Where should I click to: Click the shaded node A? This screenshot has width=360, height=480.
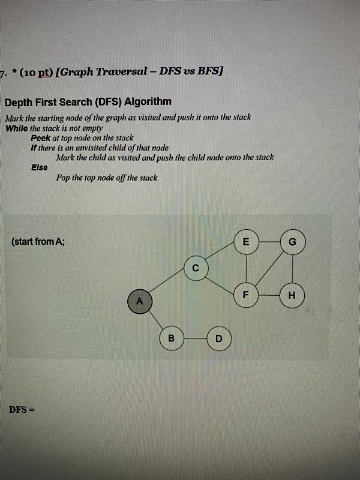click(x=140, y=301)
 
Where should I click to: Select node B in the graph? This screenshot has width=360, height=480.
click(x=171, y=338)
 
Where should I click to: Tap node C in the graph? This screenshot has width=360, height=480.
click(x=196, y=267)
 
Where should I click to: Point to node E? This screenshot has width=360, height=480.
click(x=245, y=242)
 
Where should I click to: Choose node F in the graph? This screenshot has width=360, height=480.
click(x=245, y=295)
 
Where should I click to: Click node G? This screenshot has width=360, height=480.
click(x=292, y=242)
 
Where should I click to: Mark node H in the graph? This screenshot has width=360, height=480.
click(x=292, y=295)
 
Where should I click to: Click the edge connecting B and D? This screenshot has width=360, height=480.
click(x=194, y=338)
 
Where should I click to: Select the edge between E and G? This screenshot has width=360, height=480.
click(x=268, y=242)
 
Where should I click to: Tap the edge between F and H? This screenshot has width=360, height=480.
click(x=268, y=295)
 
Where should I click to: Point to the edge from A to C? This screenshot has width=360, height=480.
click(x=169, y=283)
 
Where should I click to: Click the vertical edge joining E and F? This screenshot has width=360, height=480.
click(x=245, y=268)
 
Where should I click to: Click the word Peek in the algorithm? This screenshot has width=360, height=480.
click(x=41, y=137)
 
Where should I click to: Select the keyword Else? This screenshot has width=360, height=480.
click(x=40, y=167)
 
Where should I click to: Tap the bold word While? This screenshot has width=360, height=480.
click(x=17, y=128)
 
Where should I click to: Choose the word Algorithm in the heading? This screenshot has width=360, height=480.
click(x=148, y=101)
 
